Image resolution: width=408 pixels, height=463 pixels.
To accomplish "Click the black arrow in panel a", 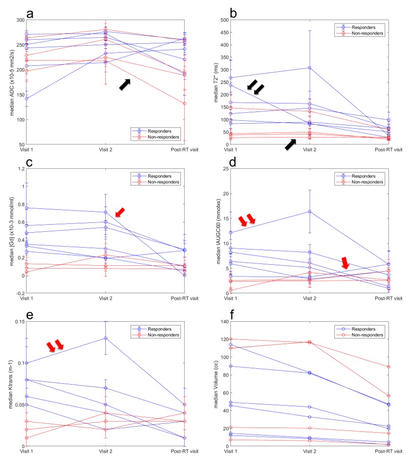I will (x=125, y=84).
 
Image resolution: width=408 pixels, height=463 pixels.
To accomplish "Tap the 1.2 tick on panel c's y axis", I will (x=19, y=168).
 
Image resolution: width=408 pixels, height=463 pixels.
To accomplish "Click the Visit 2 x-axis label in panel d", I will (x=309, y=298).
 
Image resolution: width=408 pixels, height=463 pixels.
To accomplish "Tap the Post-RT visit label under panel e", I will (x=184, y=451).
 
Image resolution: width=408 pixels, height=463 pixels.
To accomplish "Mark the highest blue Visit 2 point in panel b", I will (x=309, y=68).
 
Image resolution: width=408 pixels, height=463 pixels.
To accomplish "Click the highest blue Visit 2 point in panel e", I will (x=105, y=338).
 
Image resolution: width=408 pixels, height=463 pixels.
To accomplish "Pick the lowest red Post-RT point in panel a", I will (x=184, y=103).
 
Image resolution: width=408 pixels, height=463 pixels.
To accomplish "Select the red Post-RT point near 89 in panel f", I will (x=388, y=367).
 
